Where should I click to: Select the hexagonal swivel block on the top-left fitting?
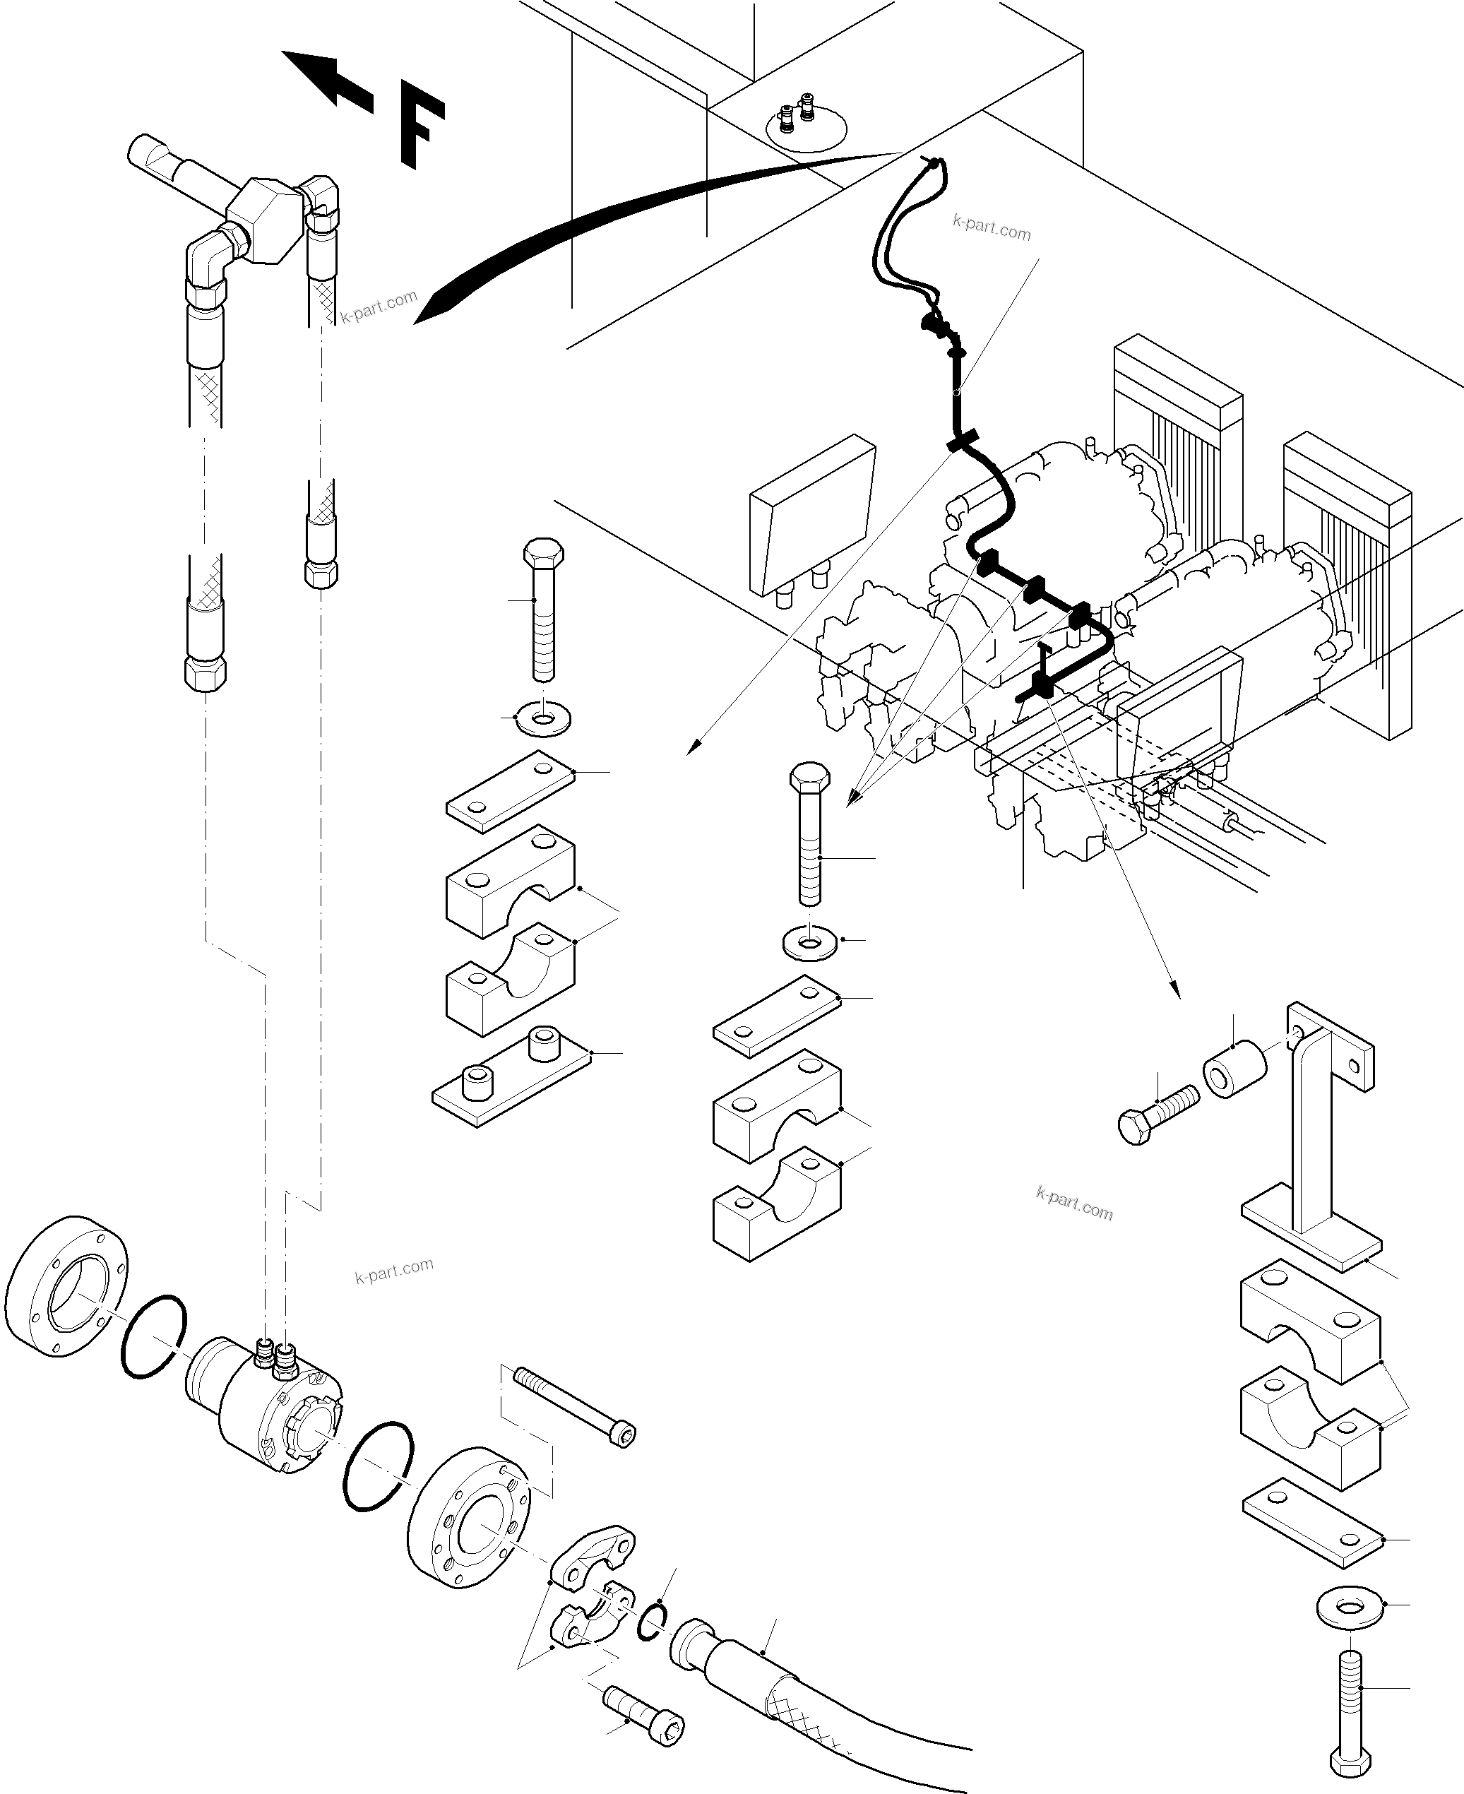[266, 222]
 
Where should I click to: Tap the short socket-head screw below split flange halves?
[645, 1716]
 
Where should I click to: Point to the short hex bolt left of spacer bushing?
[1157, 1113]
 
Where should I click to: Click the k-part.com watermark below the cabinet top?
[991, 227]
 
